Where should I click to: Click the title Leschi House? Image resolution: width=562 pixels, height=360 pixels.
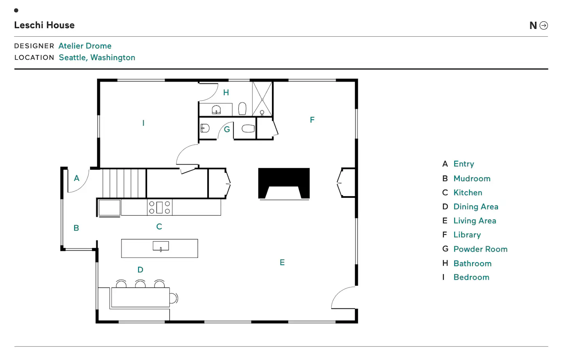point(44,25)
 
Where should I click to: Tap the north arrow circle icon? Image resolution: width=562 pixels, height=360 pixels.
point(544,25)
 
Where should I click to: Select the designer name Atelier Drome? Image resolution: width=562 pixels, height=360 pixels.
point(85,46)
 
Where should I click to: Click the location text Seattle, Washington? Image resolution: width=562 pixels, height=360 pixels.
point(97,58)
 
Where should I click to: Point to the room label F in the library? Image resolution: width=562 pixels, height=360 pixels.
point(312,120)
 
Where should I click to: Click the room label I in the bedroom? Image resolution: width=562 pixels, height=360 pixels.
point(143,123)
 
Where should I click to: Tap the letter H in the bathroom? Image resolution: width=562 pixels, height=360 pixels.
point(226,92)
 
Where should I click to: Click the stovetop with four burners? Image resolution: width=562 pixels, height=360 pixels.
point(160,207)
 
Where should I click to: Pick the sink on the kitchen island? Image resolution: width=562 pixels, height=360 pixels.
point(161,246)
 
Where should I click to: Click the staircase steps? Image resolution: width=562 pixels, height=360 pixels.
point(124,183)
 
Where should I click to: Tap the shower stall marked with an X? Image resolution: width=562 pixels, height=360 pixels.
point(262,99)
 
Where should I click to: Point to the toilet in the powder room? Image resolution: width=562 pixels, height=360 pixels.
point(248,129)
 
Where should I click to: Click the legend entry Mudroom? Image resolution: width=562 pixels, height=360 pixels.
point(472,179)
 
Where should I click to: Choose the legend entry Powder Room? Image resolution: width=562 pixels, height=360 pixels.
point(480,249)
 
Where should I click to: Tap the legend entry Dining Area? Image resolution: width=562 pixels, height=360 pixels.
point(476,207)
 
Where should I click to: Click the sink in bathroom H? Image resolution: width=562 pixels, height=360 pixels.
point(216,110)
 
